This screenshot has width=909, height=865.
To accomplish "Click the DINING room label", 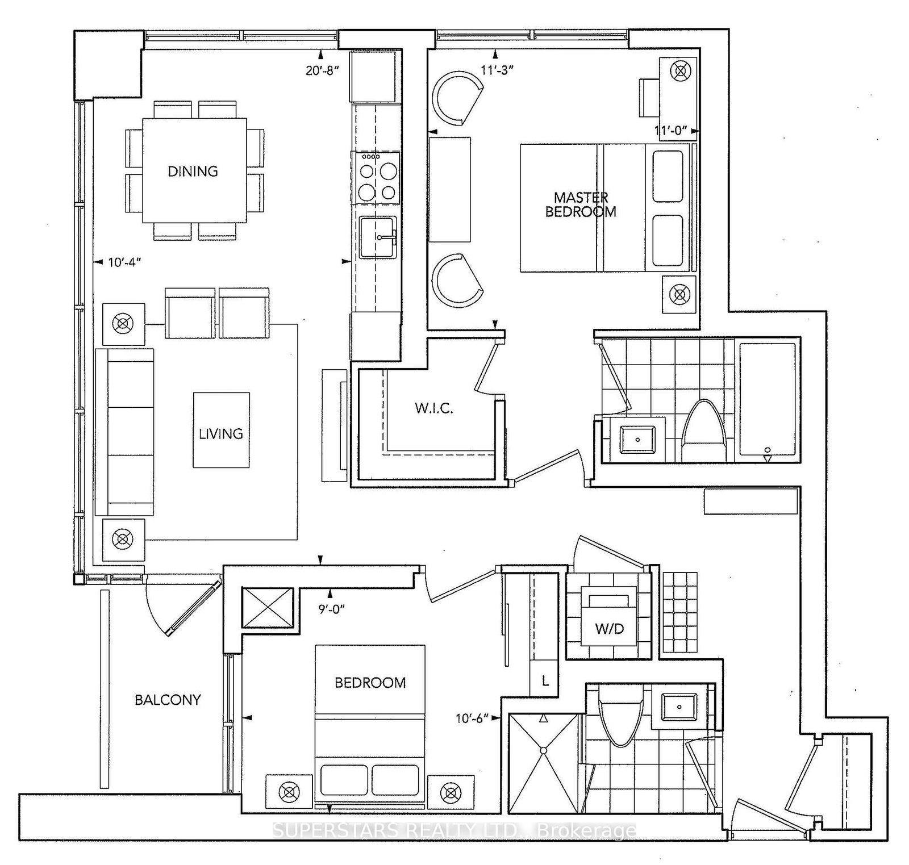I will [193, 171].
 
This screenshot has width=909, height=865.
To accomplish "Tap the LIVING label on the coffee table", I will [220, 433].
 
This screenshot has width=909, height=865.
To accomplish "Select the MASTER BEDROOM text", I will [581, 204].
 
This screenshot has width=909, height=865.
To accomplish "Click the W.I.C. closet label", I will [433, 408].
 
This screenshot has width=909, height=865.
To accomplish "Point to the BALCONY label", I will [168, 699].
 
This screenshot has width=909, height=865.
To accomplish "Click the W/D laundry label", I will [610, 628].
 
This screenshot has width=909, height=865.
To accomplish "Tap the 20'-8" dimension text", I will [322, 70].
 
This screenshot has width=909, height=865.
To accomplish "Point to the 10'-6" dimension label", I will [472, 718].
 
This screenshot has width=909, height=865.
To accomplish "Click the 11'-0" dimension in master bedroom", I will [674, 131].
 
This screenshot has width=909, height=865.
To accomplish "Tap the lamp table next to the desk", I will [679, 71].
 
